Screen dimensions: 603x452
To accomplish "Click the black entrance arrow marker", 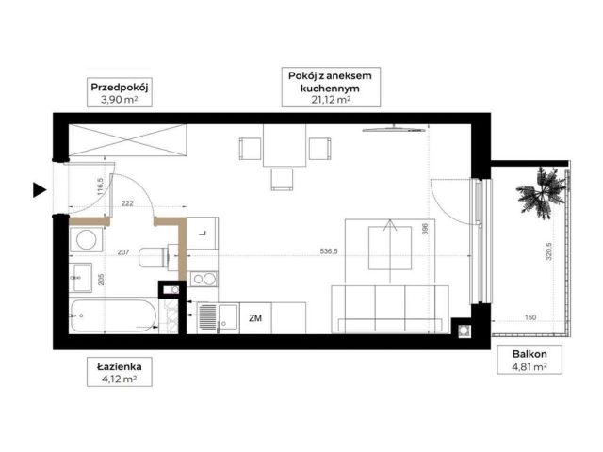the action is coord(40,190).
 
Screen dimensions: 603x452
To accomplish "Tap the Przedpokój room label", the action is coord(120,88).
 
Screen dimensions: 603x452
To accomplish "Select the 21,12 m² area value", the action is coord(331,100).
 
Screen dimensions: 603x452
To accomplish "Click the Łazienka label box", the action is coord(120,372).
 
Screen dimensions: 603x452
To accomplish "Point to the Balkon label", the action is coord(530,354).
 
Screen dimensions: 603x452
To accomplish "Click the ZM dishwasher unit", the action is coord(255,318).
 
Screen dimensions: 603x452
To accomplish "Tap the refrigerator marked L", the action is coord(203,233).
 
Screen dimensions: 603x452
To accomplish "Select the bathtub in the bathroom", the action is coord(113,316).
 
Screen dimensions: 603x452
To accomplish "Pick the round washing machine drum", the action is coord(86,240).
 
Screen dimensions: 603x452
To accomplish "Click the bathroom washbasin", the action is coord(80,278).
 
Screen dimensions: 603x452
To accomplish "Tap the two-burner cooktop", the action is coord(204,279).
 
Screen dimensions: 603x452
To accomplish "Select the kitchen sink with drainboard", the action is coord(218,318).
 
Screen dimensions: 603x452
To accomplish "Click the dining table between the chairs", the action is coord(285,145).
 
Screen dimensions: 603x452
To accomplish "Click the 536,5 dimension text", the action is coord(329,251).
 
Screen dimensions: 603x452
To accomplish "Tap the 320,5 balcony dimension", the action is coord(548,251).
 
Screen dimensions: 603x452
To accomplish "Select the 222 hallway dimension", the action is coord(127,203).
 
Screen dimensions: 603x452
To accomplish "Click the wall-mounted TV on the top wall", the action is coord(394,129).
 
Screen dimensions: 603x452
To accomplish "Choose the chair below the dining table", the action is coord(282,180).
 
